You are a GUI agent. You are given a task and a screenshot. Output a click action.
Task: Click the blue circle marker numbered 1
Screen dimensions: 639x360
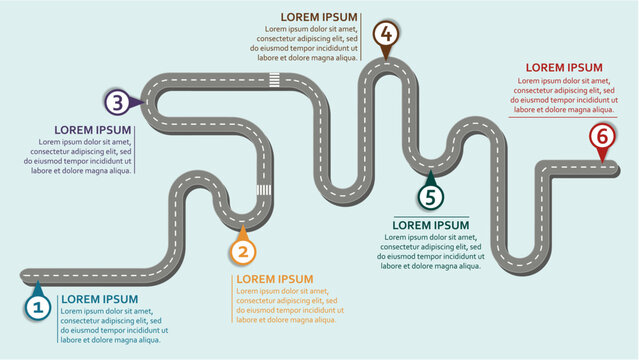coord(37,308)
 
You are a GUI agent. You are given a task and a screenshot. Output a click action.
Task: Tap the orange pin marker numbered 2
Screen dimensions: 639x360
coord(242,251)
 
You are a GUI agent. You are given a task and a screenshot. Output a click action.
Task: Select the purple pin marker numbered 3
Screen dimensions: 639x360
coord(118,101)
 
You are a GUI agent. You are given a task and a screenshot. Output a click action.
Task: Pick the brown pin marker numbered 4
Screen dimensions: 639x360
coord(386,35)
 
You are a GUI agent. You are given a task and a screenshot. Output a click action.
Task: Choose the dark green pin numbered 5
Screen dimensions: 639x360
coord(430,196)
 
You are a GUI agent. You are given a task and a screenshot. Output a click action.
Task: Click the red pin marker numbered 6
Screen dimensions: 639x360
coord(600,136)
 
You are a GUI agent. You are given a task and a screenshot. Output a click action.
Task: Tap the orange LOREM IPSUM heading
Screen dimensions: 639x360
coord(275,279)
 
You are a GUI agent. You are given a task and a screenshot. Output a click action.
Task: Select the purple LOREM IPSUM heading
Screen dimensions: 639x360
coord(93,130)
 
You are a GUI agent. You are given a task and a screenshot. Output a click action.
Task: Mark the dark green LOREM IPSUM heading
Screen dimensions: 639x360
coord(430,225)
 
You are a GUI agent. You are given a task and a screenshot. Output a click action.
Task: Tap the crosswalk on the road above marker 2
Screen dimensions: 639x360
coord(263,190)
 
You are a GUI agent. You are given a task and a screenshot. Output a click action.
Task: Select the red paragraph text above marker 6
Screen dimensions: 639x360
coord(563,95)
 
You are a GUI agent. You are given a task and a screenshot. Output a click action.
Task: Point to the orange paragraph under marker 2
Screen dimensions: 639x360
coord(287,305)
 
